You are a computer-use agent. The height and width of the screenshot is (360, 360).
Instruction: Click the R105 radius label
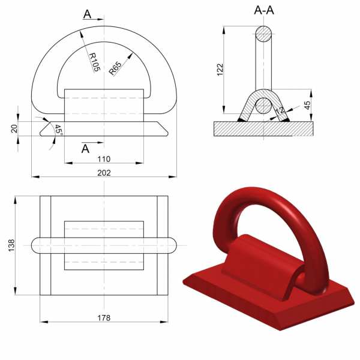tap(94, 62)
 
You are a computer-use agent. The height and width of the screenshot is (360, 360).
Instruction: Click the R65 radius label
tap(115, 68)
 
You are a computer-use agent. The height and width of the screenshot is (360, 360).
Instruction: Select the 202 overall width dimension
tap(104, 172)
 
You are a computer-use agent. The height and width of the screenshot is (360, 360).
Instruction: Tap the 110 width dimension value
tap(104, 159)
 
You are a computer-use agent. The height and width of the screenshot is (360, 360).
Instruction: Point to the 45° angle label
tap(58, 130)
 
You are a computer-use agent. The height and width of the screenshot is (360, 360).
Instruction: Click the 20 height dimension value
tap(13, 127)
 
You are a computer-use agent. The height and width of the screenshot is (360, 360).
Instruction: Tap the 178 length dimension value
tap(104, 317)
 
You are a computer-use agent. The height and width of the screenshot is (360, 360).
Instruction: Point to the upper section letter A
tap(88, 14)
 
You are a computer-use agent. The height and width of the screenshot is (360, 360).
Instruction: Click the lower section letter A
tap(85, 148)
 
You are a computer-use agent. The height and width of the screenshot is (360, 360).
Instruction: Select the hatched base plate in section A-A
tap(264, 128)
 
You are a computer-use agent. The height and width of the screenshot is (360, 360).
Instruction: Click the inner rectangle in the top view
tap(104, 245)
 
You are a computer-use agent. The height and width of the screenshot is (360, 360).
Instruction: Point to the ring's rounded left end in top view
tap(36, 245)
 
